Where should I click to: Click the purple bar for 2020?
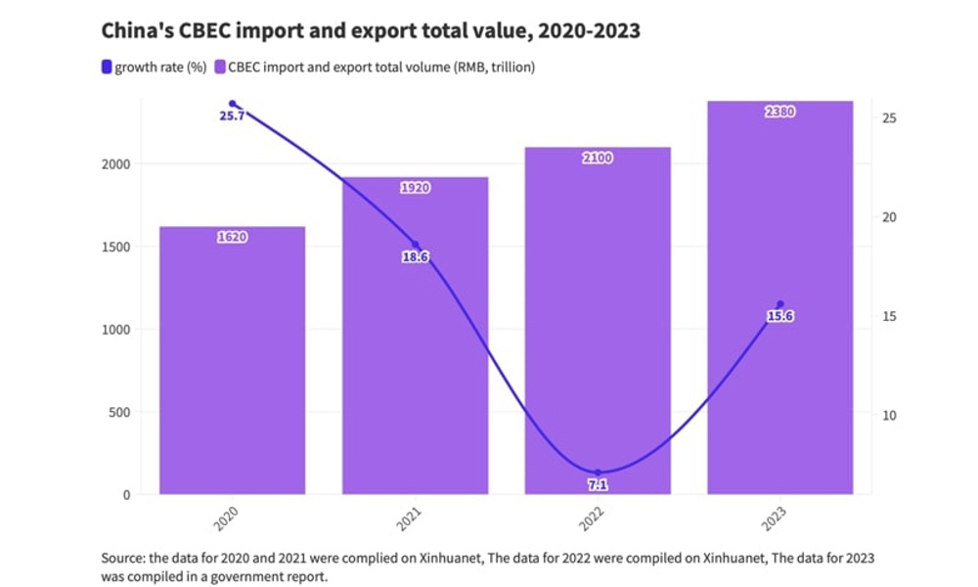(232, 362)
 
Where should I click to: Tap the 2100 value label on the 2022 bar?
(598, 158)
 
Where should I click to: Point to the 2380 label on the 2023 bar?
(779, 112)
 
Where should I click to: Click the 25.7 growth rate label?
(232, 116)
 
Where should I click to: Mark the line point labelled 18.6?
(415, 245)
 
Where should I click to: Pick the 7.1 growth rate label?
(598, 484)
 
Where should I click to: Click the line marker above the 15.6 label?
(779, 304)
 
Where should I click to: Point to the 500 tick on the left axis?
(117, 413)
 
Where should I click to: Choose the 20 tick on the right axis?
(891, 217)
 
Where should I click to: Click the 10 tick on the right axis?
(891, 415)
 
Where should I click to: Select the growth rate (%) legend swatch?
(107, 68)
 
